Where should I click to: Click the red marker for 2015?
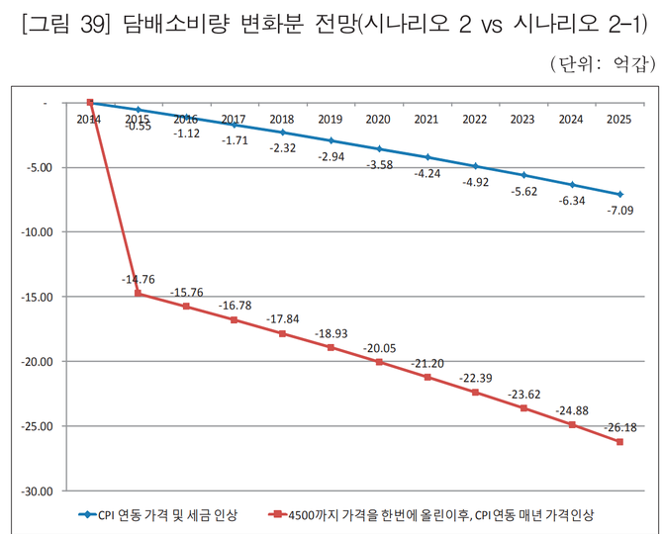click(139, 294)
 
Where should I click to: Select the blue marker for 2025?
click(619, 195)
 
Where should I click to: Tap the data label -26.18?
click(620, 427)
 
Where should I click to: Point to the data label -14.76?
click(139, 280)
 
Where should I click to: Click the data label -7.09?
click(620, 210)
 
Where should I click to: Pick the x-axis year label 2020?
click(378, 120)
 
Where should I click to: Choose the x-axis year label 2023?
click(522, 120)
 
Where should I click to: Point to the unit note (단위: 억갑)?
click(602, 65)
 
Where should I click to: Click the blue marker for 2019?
click(331, 141)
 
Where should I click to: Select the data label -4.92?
click(475, 181)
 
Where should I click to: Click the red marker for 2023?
click(523, 407)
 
